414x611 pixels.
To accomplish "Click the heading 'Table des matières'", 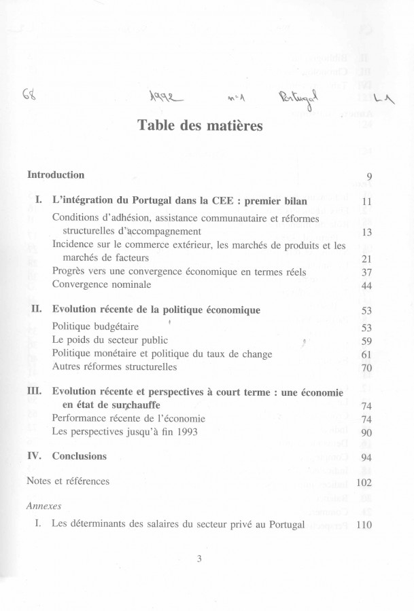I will [x=207, y=126].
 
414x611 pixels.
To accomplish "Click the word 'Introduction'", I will [x=56, y=175].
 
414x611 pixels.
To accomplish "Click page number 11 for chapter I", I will [x=366, y=202].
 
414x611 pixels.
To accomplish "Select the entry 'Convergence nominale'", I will [x=101, y=284].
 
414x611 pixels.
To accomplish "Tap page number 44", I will [x=366, y=286].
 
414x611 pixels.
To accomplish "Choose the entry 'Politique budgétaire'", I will [x=95, y=325].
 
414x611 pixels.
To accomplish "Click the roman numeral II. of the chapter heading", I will [x=38, y=310].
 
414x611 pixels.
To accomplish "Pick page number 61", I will [x=366, y=354].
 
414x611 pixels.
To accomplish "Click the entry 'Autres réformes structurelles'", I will [x=114, y=367].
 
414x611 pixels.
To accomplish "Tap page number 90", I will [x=366, y=433].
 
